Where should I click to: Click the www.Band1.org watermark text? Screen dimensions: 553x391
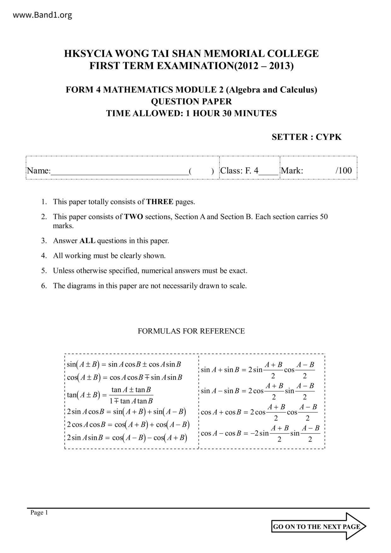pyautogui.click(x=43, y=15)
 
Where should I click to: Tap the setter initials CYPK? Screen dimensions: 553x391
pyautogui.click(x=329, y=137)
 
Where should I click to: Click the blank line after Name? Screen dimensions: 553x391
pyautogui.click(x=120, y=172)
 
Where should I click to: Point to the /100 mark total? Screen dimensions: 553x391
pyautogui.click(x=344, y=171)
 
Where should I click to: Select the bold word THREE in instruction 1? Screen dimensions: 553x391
pyautogui.click(x=160, y=202)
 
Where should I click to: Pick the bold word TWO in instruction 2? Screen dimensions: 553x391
pyautogui.click(x=133, y=217)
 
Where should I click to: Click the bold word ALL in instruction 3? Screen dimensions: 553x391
pyautogui.click(x=87, y=241)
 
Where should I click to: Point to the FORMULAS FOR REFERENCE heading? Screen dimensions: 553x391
pyautogui.click(x=191, y=331)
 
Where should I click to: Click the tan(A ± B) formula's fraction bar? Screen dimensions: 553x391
pyautogui.click(x=131, y=395)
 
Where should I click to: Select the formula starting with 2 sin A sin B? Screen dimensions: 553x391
pyautogui.click(x=127, y=438)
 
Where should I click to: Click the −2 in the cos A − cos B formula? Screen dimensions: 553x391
pyautogui.click(x=254, y=433)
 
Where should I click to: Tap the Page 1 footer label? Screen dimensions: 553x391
pyautogui.click(x=39, y=513)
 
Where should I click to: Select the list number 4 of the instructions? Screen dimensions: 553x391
pyautogui.click(x=44, y=256)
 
